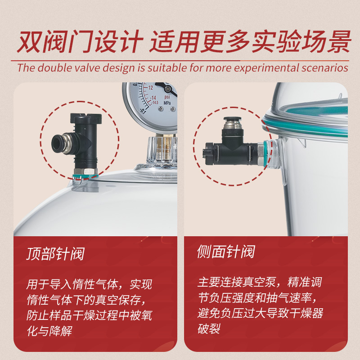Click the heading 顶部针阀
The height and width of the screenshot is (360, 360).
point(55,254)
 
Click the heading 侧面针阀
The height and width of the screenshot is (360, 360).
point(226,252)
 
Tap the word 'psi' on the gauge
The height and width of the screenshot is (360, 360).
point(167,97)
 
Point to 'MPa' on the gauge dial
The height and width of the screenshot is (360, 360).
point(167,103)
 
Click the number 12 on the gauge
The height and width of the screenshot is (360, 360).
point(151,87)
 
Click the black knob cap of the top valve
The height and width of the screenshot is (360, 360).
point(86,118)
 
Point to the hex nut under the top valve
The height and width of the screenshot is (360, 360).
point(85,171)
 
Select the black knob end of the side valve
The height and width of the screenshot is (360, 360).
point(208,153)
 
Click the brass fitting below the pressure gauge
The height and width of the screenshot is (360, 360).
point(163,147)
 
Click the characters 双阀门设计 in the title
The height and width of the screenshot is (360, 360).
point(80,42)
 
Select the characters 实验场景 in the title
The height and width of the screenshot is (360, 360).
point(301,42)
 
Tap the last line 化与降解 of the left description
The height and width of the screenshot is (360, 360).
point(49,331)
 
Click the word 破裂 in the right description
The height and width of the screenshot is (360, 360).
point(209,328)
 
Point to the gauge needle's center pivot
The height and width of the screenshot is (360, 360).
point(168,88)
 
